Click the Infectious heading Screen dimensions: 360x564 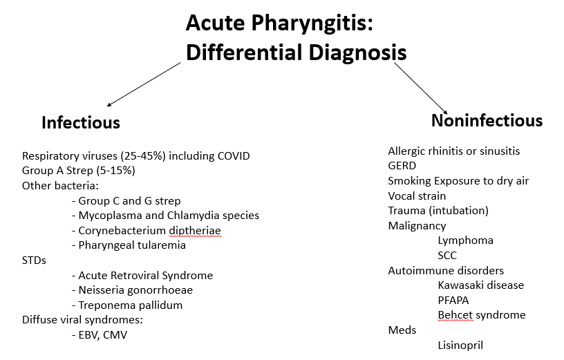point(81,122)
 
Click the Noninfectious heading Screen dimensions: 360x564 point(487,120)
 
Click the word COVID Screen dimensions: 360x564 point(232,155)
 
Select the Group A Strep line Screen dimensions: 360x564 point(78,171)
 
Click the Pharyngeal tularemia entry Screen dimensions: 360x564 point(132,245)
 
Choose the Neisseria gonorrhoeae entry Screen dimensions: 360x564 point(135,290)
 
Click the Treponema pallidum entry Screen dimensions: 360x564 point(131,305)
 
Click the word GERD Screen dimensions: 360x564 point(402,166)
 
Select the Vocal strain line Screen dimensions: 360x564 point(417,196)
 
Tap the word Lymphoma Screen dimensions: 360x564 point(465,240)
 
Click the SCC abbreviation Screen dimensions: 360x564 point(447,256)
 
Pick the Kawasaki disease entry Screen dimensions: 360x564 point(480,285)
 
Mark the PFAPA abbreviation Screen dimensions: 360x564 point(454,300)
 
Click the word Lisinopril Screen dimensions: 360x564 point(464,345)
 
